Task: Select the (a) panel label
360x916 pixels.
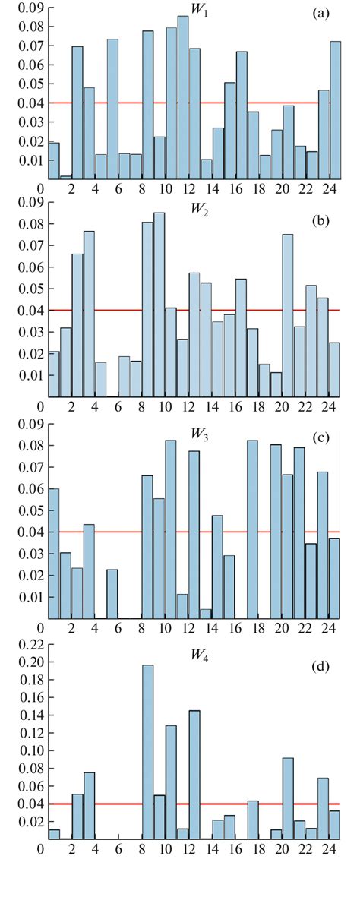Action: pos(320,13)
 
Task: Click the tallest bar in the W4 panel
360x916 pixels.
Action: pos(147,752)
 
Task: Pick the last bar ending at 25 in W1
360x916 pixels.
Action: pos(335,110)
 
